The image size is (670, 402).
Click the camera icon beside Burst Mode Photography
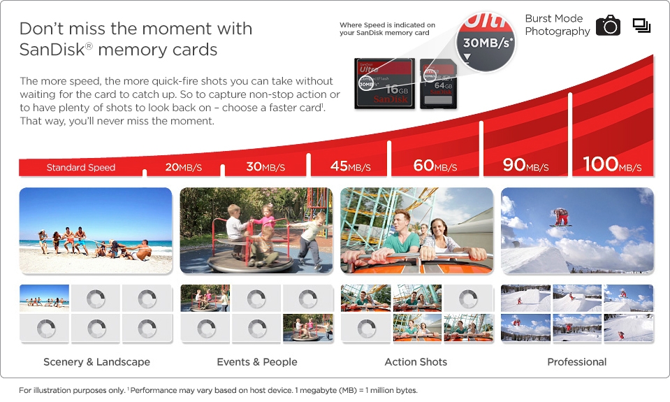pos(608,26)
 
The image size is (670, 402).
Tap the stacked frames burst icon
pos(641,26)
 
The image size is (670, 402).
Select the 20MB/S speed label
pos(184,167)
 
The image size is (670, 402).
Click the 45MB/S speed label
pos(350,166)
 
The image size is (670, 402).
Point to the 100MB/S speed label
pos(612,165)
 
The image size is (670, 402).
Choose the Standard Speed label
pos(81,168)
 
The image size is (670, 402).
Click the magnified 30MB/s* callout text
pos(487,43)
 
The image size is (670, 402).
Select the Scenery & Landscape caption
pos(96,362)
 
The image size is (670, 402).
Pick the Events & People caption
pos(257,362)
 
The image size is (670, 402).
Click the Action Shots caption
pos(416,362)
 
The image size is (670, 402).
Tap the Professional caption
pos(576,362)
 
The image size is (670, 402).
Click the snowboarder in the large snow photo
pos(561,217)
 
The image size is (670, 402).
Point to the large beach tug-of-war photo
pos(96,230)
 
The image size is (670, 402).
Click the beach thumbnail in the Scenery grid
pos(44,297)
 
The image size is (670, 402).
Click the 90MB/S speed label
pos(525,166)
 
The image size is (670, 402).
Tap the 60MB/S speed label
pos(435,166)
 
